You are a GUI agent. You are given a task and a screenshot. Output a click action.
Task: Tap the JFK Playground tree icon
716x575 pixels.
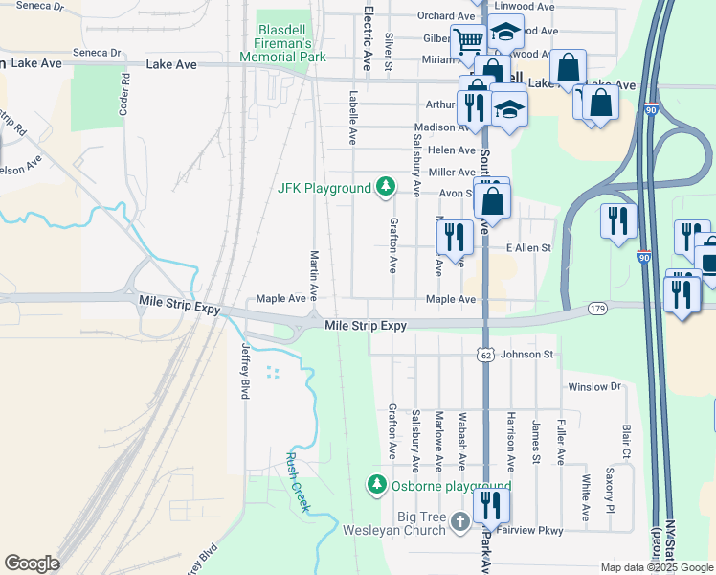pyautogui.click(x=385, y=187)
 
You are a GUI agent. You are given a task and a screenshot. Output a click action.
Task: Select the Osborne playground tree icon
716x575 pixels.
pyautogui.click(x=378, y=486)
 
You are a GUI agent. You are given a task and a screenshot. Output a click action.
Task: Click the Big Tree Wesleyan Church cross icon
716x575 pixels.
pyautogui.click(x=459, y=521)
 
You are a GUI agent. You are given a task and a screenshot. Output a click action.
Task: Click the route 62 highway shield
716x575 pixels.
pyautogui.click(x=485, y=356)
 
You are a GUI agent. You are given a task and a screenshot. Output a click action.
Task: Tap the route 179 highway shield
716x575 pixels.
pyautogui.click(x=598, y=309)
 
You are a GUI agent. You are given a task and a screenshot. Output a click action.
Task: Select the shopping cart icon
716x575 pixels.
pyautogui.click(x=467, y=41)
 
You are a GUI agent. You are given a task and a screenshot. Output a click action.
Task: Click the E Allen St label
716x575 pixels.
pyautogui.click(x=529, y=248)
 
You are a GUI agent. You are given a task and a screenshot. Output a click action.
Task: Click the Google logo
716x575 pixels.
pyautogui.click(x=33, y=563)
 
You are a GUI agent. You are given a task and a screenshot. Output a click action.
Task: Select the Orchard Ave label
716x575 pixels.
pyautogui.click(x=446, y=16)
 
